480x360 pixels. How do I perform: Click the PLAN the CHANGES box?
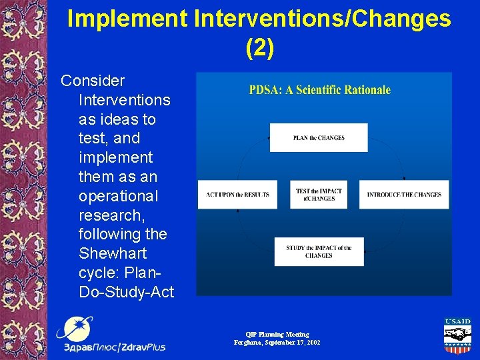(319, 138)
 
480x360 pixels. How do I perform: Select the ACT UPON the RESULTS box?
(237, 195)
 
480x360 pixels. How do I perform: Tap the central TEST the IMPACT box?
(319, 195)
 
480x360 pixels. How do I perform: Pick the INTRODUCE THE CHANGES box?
(404, 195)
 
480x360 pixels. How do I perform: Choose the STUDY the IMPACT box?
(319, 251)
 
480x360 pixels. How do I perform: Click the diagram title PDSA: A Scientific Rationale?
(319, 90)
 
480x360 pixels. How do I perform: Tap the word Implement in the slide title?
(127, 19)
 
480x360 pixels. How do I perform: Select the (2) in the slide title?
(259, 48)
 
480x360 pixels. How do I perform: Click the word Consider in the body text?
(93, 81)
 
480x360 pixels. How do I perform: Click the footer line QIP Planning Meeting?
(277, 334)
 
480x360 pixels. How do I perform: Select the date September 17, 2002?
(293, 343)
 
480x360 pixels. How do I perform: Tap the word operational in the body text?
(118, 197)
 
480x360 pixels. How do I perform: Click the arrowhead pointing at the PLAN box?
(269, 138)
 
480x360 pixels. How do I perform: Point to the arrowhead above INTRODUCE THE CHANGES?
(404, 179)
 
